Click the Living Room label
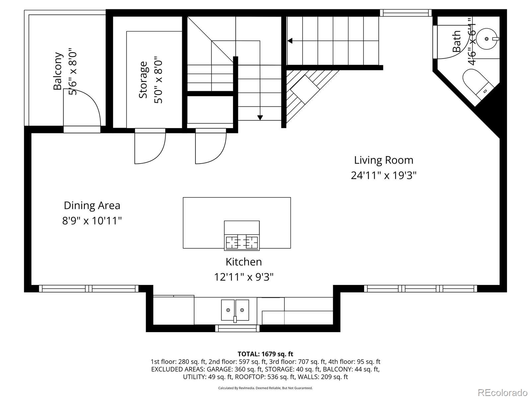(x=383, y=160)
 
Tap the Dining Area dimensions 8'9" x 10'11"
(x=92, y=220)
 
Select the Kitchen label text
(x=244, y=262)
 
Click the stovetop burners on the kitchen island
(x=242, y=242)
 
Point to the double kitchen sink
(x=235, y=310)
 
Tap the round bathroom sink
(x=487, y=39)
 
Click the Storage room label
(x=143, y=80)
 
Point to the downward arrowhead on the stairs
(x=260, y=118)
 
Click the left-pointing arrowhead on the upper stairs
(x=290, y=41)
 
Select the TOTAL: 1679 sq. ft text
(x=265, y=354)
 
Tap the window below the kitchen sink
(x=237, y=329)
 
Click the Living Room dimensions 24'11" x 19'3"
(x=383, y=176)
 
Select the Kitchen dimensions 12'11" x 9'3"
(x=244, y=277)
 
